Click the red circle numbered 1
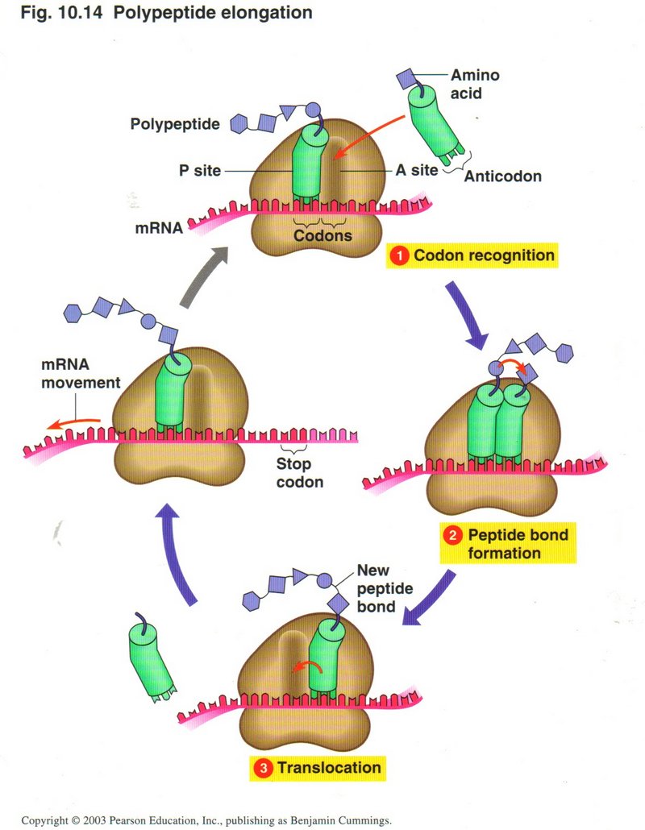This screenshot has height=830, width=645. tap(398, 256)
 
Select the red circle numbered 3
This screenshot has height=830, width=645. tap(263, 767)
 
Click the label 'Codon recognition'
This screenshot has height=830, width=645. tap(484, 256)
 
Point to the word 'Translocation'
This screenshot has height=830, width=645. tap(329, 767)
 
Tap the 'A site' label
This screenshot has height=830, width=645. tap(416, 170)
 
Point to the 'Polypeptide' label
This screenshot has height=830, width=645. tap(175, 123)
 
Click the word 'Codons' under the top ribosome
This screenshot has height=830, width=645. tap(322, 235)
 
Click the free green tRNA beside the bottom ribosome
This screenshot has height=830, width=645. tap(150, 656)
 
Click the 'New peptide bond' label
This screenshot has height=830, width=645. tap(385, 587)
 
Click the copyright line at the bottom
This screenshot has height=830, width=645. tap(206, 820)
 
